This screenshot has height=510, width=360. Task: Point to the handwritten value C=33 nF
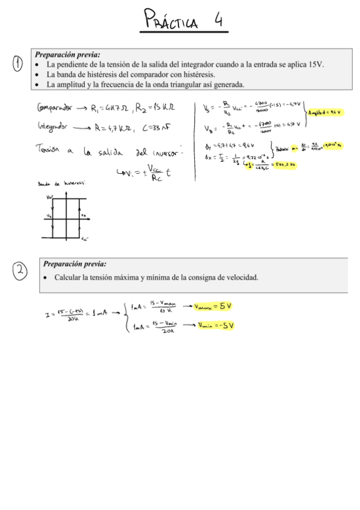click(162, 127)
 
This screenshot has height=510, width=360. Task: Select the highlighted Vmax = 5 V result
click(213, 306)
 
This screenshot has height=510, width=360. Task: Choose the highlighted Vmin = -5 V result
click(215, 325)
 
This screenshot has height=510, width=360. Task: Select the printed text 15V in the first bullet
click(316, 64)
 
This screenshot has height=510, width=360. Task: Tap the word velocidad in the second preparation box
click(240, 277)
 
